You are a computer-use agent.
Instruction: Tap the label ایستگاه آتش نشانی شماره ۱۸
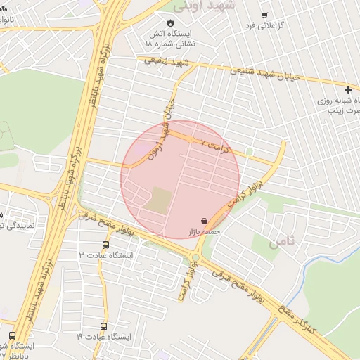pos(171,38)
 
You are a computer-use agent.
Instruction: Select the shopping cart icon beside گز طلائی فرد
pos(264,15)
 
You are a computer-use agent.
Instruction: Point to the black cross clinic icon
pos(348,89)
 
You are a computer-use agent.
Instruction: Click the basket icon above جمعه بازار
pos(204,220)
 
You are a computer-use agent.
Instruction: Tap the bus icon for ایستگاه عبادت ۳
pos(105,245)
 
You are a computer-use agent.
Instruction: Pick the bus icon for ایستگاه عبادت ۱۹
pos(104,327)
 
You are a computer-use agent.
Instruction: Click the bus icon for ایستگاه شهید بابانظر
pos(13,334)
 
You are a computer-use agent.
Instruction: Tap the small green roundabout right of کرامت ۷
pos(250,151)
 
